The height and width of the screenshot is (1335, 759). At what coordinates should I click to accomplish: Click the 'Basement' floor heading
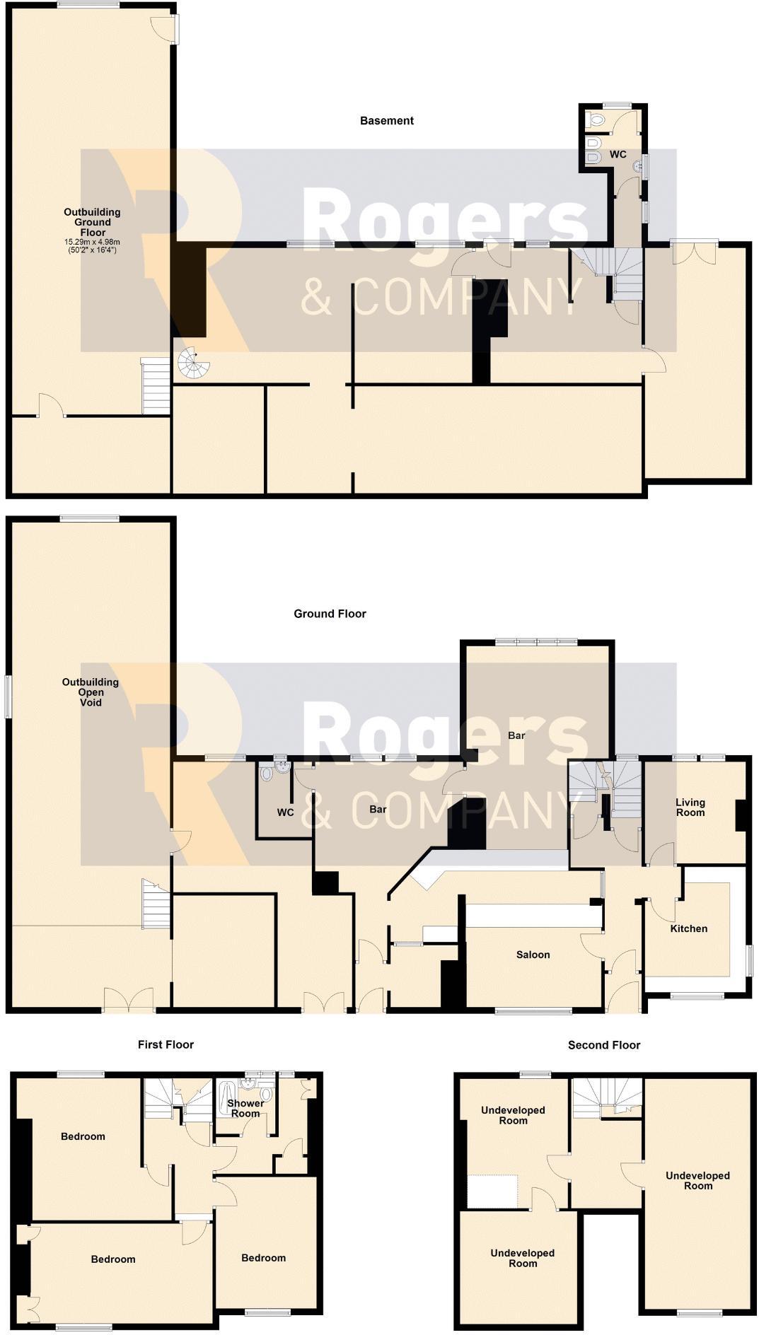click(x=386, y=121)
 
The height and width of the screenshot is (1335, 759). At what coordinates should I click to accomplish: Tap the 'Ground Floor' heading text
click(x=330, y=614)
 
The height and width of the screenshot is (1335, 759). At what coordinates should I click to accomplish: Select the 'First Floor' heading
click(x=166, y=1044)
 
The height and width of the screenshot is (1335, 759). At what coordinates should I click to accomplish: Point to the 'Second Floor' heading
click(x=603, y=1045)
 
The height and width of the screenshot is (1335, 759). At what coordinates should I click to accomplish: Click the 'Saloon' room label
click(x=533, y=955)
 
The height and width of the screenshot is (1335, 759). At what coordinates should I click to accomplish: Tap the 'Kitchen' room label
click(x=688, y=928)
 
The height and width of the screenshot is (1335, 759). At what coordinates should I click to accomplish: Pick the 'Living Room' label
click(x=690, y=808)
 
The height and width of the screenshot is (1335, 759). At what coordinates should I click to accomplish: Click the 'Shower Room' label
click(x=245, y=1108)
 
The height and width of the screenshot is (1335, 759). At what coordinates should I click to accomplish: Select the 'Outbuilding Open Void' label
click(x=91, y=692)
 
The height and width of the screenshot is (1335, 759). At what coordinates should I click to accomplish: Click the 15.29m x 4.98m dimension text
click(x=92, y=243)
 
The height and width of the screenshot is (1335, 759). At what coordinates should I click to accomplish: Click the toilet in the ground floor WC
click(x=267, y=774)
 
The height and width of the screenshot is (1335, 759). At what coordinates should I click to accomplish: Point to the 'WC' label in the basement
click(x=618, y=154)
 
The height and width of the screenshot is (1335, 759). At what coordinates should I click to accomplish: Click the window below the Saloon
click(x=533, y=1011)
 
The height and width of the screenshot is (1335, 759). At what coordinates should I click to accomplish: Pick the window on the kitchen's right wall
click(x=750, y=961)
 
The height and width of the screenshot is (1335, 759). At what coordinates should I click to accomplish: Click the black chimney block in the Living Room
click(x=741, y=815)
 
